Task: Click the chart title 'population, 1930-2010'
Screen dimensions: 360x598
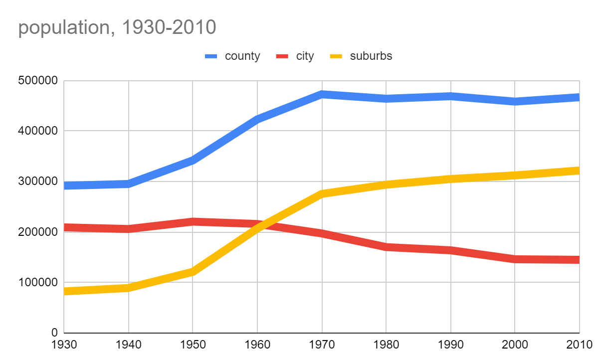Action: tap(117, 28)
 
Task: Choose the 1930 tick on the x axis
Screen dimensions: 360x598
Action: tap(65, 345)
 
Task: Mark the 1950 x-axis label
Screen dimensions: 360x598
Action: tap(193, 345)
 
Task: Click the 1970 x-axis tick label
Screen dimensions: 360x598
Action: tap(322, 345)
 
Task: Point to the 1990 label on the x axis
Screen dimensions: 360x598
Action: tap(450, 345)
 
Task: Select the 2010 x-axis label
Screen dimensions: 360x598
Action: tap(579, 345)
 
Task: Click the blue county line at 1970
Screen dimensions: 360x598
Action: tap(322, 94)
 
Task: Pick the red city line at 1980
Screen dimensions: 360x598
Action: tap(386, 247)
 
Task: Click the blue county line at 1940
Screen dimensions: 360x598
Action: tap(129, 184)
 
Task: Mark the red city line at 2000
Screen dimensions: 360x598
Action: tap(515, 259)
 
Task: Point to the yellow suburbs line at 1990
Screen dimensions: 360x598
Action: tap(450, 179)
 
